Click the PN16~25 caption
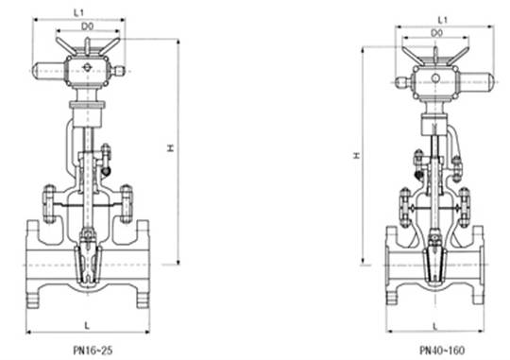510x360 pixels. coord(93,351)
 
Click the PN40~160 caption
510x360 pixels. coord(442,351)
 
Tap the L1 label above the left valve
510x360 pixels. coord(79,12)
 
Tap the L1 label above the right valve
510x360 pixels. coord(443,20)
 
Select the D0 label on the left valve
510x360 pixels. coord(87,26)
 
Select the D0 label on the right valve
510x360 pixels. coord(436,33)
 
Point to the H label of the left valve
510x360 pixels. coord(170,148)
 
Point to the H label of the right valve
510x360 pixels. coord(357,156)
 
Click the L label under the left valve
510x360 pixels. coord(87,325)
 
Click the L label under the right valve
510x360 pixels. coord(435,325)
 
